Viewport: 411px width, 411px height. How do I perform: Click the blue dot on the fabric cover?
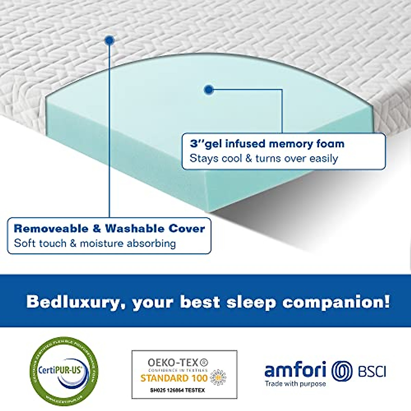109,40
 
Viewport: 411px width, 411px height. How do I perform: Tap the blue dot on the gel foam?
209,90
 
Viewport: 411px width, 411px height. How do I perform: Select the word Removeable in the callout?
51,228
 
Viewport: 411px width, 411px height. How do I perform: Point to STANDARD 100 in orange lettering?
174,378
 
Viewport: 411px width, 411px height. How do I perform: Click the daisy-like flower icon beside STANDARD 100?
218,377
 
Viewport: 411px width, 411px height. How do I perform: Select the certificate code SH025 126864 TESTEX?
177,390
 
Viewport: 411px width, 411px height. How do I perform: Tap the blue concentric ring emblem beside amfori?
342,371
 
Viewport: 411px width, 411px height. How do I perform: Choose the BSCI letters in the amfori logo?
372,371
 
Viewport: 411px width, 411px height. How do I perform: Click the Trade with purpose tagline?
295,384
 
